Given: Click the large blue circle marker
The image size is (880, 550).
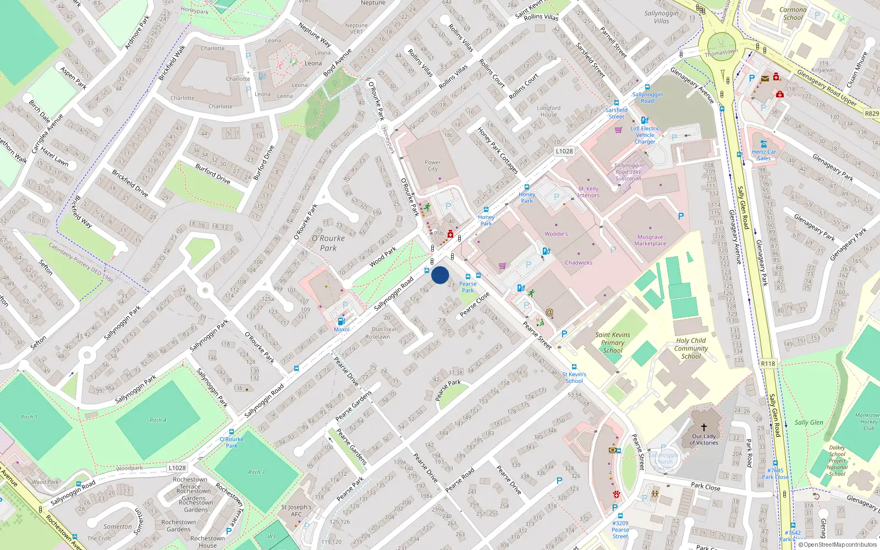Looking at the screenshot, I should click(440, 275).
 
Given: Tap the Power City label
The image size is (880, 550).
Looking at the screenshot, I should click(433, 166).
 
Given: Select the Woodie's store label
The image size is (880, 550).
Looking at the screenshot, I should click(556, 234).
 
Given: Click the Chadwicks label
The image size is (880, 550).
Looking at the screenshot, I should click(579, 263).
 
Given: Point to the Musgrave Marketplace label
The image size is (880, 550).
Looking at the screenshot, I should click(650, 240).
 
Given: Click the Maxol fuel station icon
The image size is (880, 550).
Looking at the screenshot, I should click(341, 321).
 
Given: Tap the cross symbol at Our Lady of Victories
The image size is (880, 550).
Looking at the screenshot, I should click(703, 427).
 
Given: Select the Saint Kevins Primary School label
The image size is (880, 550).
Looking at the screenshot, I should click(613, 342).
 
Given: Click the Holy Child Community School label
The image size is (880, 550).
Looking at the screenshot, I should click(691, 348).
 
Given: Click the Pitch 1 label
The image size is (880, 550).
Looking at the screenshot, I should click(29, 417).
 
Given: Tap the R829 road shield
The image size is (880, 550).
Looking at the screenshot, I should click(872, 113).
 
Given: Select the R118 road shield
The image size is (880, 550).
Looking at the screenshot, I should click(768, 364).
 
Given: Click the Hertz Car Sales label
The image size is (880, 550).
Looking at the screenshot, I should click(764, 155).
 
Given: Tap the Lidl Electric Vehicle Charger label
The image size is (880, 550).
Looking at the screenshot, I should click(645, 135).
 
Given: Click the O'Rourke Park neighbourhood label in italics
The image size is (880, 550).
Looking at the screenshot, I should click(328, 243).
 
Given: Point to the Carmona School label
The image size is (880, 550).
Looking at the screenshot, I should click(793, 13).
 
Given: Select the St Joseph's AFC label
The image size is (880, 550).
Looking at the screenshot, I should click(296, 510).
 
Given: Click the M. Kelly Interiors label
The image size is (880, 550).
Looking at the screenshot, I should click(588, 192).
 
